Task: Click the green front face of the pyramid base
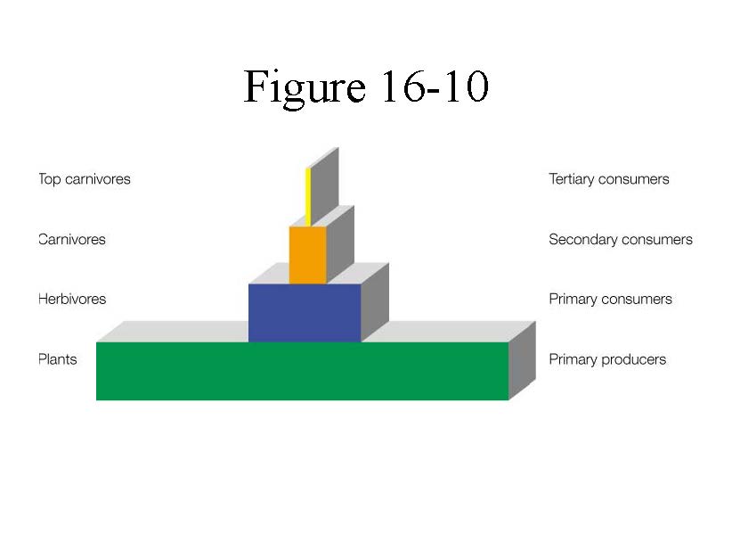[302, 371]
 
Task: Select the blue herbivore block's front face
[304, 313]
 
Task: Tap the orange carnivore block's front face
[307, 255]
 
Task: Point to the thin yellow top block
[308, 196]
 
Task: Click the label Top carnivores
[85, 179]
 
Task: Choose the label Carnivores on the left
[72, 240]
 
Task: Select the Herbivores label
[72, 300]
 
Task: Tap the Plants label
[58, 360]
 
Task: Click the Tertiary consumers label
[609, 179]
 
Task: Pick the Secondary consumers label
[621, 240]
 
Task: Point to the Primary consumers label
[611, 300]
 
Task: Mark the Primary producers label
[607, 360]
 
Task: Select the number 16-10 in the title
[434, 87]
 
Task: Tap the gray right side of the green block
[522, 362]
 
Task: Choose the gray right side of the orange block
[340, 243]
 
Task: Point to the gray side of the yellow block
[324, 184]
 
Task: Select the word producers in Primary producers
[633, 360]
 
